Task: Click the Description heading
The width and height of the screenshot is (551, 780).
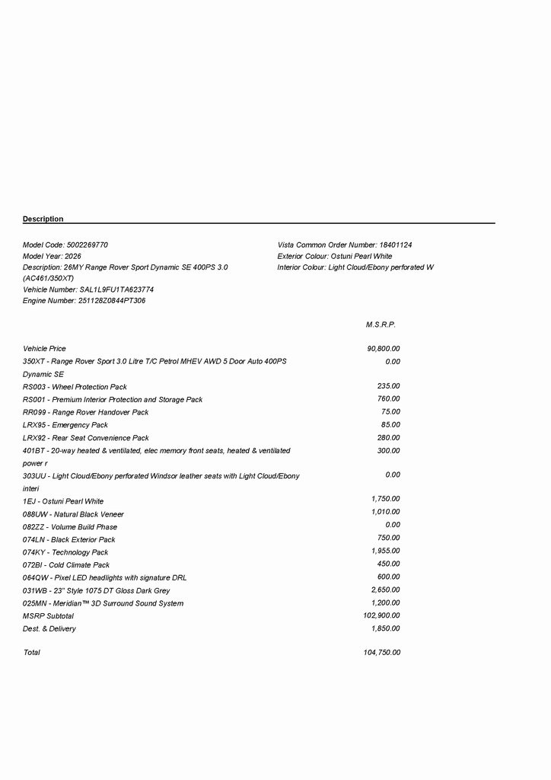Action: [43, 219]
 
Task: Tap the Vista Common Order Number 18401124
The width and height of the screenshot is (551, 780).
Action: [396, 245]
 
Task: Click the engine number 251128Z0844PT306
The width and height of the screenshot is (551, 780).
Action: [112, 301]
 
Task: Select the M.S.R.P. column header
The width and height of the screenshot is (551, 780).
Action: [381, 324]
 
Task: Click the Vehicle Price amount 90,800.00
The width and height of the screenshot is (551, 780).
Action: [383, 349]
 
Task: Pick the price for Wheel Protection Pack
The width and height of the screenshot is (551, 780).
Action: [388, 386]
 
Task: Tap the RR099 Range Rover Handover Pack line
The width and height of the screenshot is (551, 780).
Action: [86, 412]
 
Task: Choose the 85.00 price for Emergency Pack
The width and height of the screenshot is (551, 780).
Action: [390, 424]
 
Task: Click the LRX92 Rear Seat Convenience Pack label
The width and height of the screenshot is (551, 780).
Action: [86, 438]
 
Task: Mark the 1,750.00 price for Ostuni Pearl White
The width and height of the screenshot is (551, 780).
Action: [385, 499]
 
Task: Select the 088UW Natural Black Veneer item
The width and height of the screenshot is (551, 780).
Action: [73, 514]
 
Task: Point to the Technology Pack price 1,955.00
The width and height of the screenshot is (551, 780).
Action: [385, 551]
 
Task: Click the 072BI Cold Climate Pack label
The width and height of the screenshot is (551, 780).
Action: [66, 565]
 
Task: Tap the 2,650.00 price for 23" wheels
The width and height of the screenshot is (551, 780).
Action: [385, 590]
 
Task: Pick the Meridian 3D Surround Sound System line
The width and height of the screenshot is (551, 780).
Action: [103, 603]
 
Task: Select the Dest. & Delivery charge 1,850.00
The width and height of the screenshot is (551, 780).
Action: [385, 628]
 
